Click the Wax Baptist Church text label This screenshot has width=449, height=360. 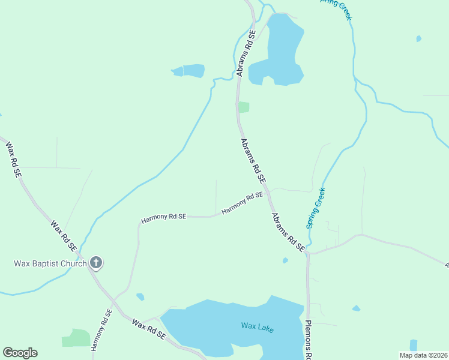point(50,263)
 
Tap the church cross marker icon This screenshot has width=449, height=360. point(96,262)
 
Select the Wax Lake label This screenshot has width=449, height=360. point(258,326)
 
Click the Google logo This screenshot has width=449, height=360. point(20,353)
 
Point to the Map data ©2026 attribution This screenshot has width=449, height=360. point(423,355)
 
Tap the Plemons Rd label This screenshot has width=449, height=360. point(309,340)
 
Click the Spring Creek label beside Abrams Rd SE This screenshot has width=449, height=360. point(316,208)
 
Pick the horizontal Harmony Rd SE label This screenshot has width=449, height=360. point(164,217)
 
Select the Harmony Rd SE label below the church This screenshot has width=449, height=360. point(102,329)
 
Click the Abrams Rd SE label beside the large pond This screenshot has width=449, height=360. point(246,53)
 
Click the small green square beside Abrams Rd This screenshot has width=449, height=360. point(243,107)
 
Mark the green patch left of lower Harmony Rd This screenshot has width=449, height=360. point(76,338)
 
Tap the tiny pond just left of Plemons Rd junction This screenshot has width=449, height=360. point(285,260)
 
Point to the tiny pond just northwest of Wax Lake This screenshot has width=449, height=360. point(140,296)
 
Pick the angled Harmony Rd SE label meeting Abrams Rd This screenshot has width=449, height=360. point(243,203)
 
